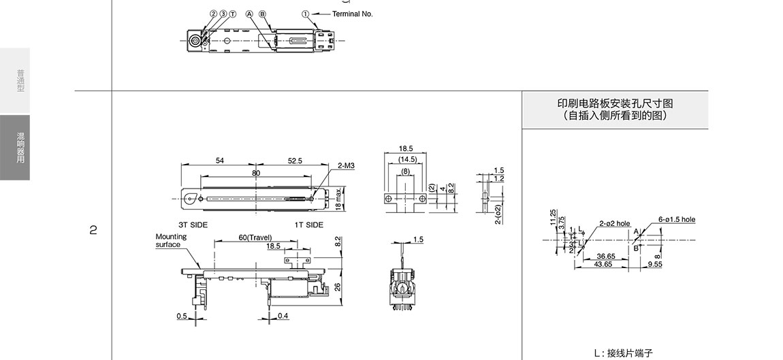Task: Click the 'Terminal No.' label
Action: click(x=352, y=14)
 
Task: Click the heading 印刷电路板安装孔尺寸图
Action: click(x=615, y=103)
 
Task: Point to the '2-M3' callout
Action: click(x=346, y=165)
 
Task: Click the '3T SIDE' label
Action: click(x=193, y=225)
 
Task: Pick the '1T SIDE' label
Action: click(x=308, y=225)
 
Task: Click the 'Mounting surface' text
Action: click(x=170, y=241)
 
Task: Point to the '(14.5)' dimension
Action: click(x=406, y=159)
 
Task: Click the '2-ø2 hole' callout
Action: click(x=614, y=223)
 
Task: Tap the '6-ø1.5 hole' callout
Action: click(x=677, y=220)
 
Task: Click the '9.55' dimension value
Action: click(x=655, y=263)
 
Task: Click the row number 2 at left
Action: click(x=93, y=230)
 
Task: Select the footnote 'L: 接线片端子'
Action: click(x=623, y=353)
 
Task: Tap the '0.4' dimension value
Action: click(x=283, y=316)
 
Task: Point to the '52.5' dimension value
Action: click(x=295, y=161)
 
